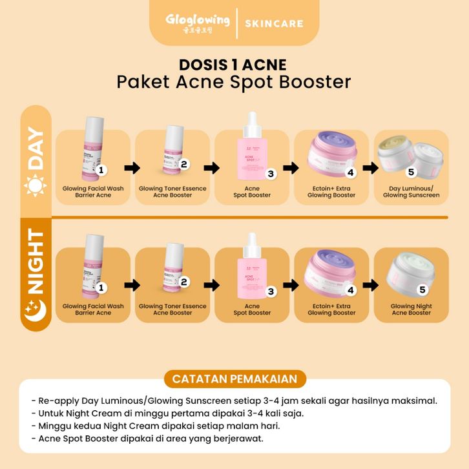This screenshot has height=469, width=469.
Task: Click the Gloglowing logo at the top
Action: [197, 23]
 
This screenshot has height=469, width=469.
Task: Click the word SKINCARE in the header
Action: [274, 24]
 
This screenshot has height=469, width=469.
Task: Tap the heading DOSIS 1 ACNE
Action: [234, 65]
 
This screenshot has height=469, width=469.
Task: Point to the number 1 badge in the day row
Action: [101, 170]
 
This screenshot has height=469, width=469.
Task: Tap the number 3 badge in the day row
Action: [271, 173]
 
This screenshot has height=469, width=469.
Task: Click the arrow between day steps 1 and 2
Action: [132, 169]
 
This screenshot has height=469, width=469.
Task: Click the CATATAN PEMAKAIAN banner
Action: [234, 379]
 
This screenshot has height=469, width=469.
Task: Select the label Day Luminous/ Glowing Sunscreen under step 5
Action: [411, 191]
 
